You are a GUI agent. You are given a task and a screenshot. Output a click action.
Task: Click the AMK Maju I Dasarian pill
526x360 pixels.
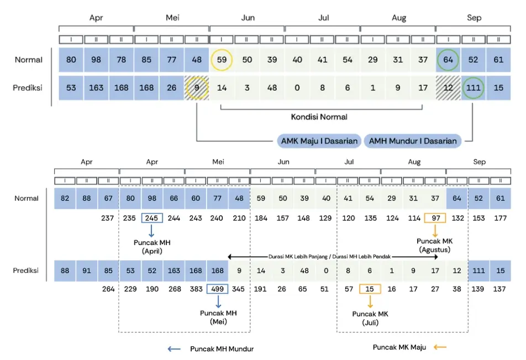[x=319, y=141]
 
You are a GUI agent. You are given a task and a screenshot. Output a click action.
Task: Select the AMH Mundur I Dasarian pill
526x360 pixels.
[x=413, y=141]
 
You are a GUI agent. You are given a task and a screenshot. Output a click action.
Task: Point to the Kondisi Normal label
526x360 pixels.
[x=319, y=117]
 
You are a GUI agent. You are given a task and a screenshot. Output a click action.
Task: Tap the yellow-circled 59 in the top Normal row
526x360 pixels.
[x=222, y=60]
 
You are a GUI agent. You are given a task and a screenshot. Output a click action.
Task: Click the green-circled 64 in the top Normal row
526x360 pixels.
[x=448, y=60]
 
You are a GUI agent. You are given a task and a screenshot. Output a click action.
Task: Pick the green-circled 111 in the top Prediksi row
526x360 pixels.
[x=473, y=88]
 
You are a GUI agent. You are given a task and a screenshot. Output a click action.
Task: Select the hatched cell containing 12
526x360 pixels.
[x=448, y=88]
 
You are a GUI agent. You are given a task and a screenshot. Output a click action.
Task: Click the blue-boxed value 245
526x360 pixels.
[x=152, y=218]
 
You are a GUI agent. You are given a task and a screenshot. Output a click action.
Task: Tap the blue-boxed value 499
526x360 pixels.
[x=217, y=289]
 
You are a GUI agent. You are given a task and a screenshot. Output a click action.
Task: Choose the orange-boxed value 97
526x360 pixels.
[x=435, y=218]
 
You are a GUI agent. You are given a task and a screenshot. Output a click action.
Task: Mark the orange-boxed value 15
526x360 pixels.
[x=370, y=289]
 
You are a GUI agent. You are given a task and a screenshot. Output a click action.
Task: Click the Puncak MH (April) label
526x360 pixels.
[x=152, y=247]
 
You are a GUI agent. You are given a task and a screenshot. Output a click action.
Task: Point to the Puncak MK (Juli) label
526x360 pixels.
[x=370, y=318]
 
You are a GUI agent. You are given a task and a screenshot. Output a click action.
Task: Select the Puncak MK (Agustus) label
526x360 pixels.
[x=435, y=245]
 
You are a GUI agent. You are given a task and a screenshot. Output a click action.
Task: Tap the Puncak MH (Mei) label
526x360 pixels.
[x=218, y=317]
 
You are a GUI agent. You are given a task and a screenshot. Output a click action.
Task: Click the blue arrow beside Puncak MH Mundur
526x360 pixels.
[x=174, y=349]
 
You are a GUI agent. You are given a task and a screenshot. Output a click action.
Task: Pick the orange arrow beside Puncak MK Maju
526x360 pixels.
[x=440, y=347]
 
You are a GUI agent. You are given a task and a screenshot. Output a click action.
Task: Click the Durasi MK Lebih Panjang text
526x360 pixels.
[x=298, y=256]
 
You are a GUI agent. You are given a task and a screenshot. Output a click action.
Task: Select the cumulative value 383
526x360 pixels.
[x=196, y=289]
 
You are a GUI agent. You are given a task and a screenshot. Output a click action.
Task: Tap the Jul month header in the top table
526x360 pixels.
[x=323, y=18]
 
